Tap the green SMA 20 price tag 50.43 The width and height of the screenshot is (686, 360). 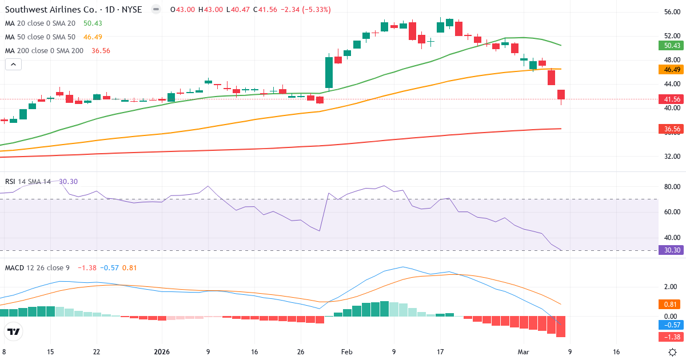(672, 46)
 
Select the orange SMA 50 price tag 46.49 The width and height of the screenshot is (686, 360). (672, 69)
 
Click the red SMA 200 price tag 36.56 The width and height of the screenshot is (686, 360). (672, 130)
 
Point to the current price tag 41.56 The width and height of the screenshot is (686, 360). (672, 99)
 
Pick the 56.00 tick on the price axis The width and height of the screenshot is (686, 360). (672, 12)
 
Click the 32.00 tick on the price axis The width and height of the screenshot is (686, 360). (672, 156)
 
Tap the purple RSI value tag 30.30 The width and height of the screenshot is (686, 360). (672, 250)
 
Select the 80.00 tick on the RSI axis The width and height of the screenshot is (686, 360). (672, 187)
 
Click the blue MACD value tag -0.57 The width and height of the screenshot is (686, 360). (672, 325)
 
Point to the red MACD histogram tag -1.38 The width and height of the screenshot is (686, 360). (672, 337)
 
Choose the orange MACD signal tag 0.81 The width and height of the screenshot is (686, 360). (672, 305)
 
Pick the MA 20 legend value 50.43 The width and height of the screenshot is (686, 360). (92, 23)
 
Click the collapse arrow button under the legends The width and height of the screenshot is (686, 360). (13, 65)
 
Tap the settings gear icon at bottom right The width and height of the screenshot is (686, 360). (673, 352)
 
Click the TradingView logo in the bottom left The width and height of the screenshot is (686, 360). (13, 331)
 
